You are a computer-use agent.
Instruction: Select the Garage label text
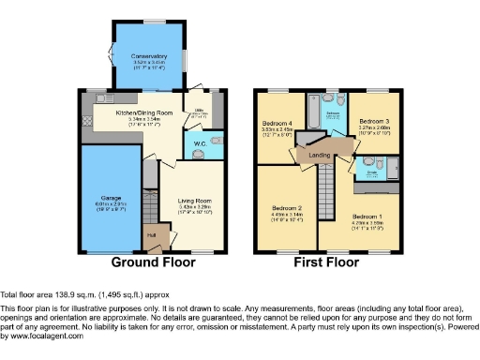pyautogui.click(x=111, y=198)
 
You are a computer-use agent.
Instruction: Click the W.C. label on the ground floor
pyautogui.click(x=200, y=143)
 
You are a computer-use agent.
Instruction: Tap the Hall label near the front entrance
pyautogui.click(x=151, y=235)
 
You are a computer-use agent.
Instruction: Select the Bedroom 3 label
pyautogui.click(x=375, y=121)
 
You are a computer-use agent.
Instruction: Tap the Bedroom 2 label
pyautogui.click(x=288, y=207)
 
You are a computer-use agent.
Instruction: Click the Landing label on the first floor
pyautogui.click(x=320, y=156)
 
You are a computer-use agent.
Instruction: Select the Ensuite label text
pyautogui.click(x=371, y=172)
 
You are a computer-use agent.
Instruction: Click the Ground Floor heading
pyautogui.click(x=153, y=263)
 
